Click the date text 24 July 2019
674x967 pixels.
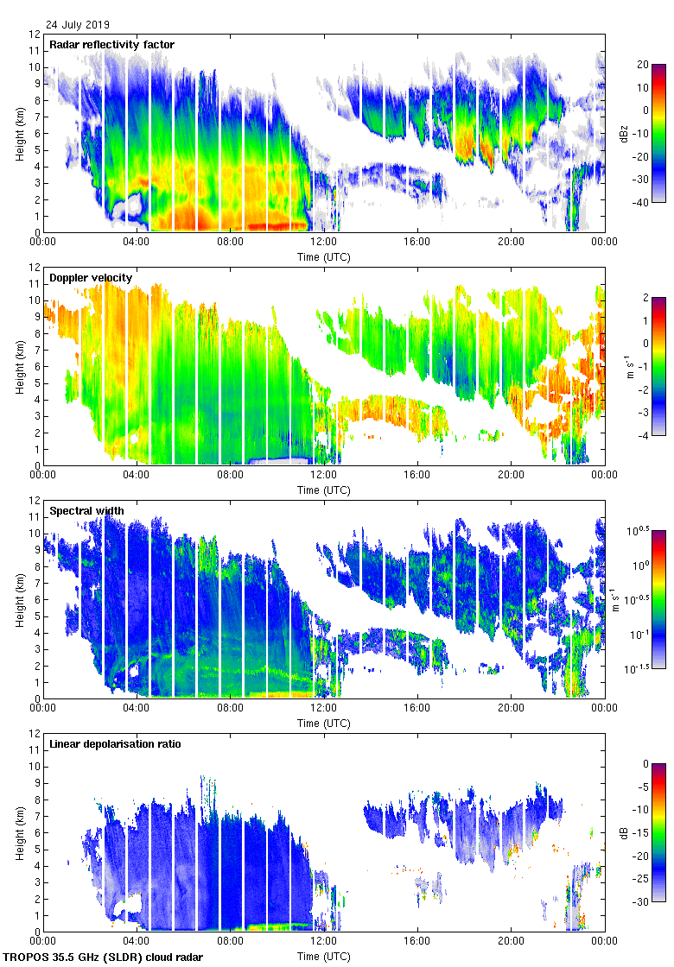(78, 25)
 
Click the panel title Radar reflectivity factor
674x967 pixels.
(111, 45)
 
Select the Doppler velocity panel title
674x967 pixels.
(91, 278)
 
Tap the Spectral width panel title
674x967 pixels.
(86, 511)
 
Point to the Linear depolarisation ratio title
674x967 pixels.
(115, 744)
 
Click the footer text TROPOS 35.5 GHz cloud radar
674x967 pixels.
(105, 958)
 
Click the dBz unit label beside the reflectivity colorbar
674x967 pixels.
(624, 133)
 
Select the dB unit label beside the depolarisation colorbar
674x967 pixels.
(624, 832)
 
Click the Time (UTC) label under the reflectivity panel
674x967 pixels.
(324, 257)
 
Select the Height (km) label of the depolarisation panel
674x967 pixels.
(20, 832)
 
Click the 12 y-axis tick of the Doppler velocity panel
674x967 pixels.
(35, 267)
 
